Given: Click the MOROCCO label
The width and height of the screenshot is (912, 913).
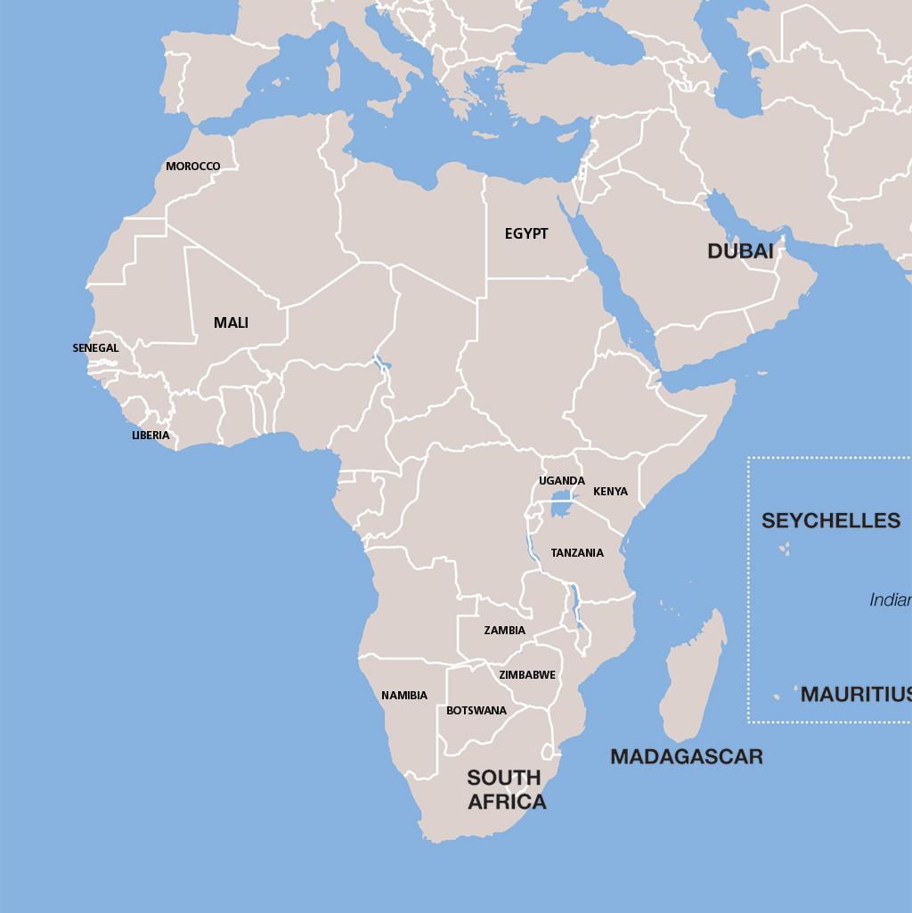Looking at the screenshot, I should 192,167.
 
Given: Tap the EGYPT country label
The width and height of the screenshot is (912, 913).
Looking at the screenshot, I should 526,233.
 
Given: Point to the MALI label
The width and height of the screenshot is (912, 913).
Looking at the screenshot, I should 231,322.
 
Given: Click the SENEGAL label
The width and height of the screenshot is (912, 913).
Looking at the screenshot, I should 95,348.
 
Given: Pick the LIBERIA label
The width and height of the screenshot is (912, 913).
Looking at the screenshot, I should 151,436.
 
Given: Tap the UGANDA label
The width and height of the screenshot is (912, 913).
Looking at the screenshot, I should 562,481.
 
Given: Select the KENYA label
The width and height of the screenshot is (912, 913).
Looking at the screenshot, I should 610,492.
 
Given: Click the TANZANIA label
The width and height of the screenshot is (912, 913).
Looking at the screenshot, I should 577,553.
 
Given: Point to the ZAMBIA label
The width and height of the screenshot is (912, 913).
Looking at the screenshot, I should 504,631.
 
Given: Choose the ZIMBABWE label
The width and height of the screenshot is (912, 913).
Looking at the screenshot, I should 526,675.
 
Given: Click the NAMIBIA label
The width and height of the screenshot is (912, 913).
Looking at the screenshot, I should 404,696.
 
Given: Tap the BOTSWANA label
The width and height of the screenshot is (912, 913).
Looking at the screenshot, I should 476,711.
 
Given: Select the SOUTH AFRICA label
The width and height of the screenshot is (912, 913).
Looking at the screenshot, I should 506,790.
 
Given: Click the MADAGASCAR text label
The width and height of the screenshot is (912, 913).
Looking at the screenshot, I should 686,757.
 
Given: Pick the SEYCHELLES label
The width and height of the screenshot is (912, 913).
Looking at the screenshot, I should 830,521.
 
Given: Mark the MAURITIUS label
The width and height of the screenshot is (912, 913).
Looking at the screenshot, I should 855,694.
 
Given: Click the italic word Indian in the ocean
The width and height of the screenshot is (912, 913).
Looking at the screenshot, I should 890,600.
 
